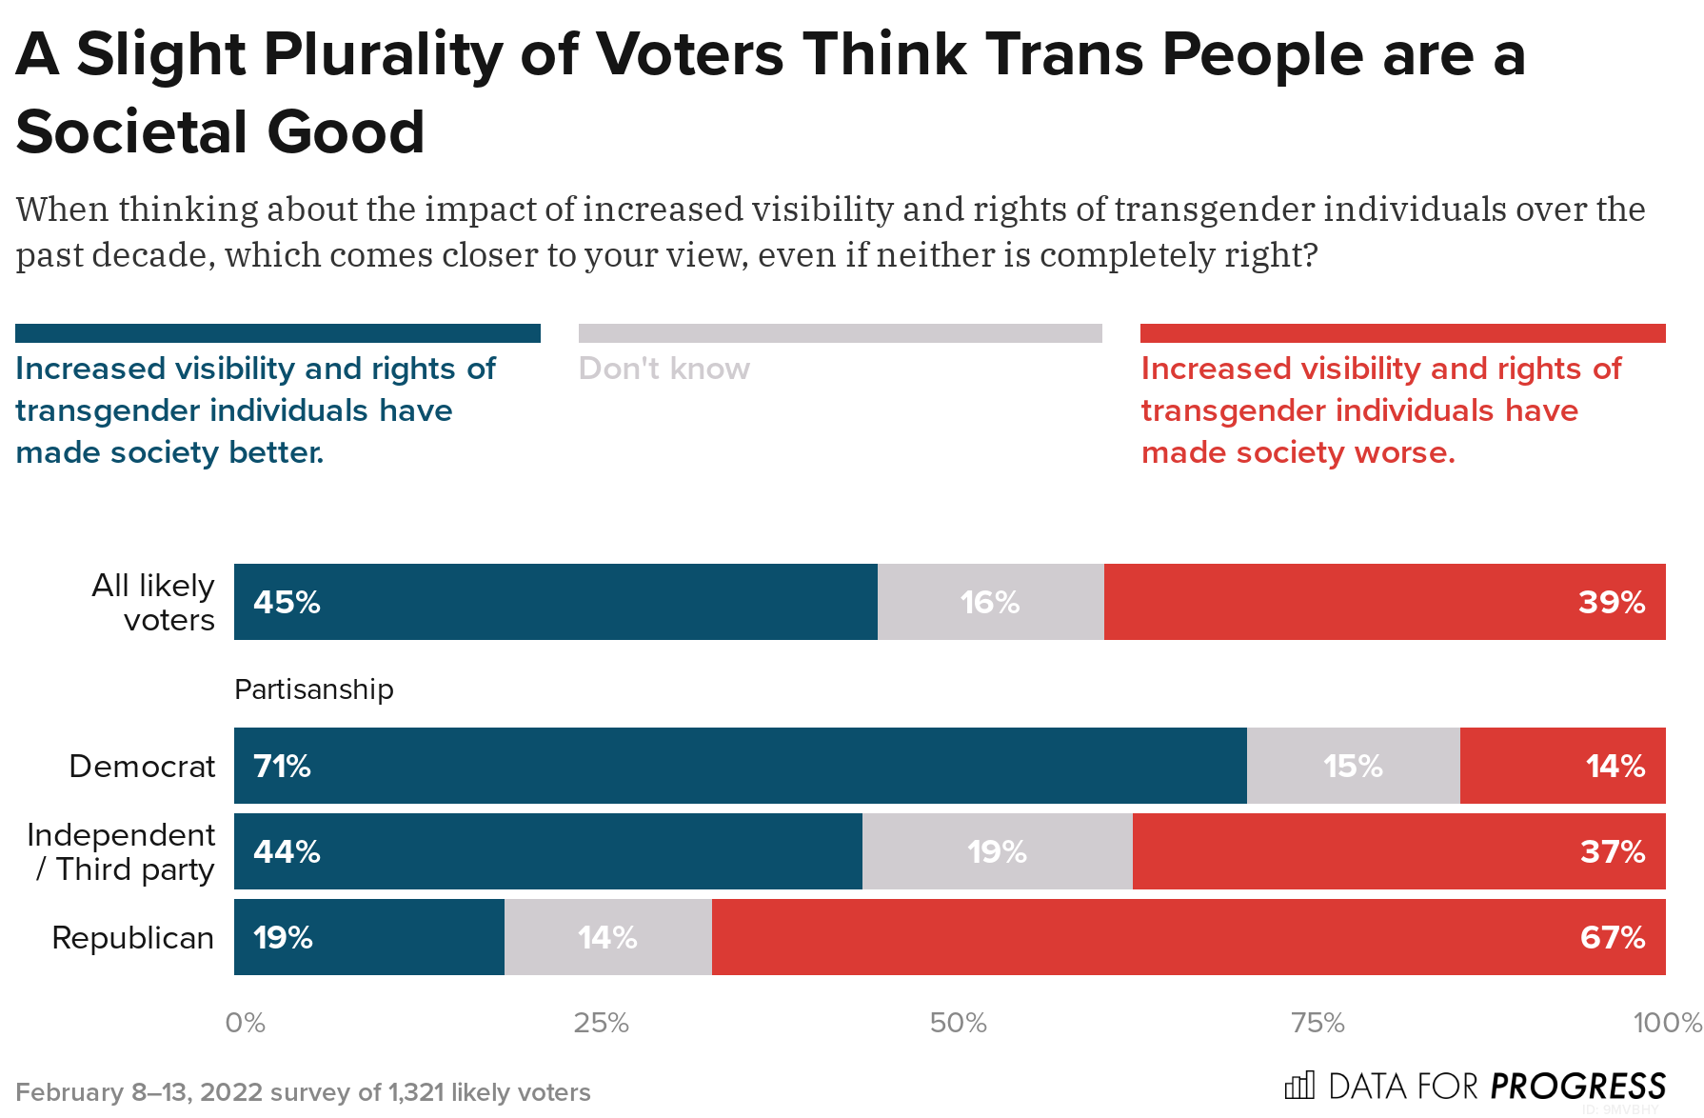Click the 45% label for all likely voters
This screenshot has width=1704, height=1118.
tap(287, 602)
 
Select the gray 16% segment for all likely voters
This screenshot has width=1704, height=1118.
tap(990, 602)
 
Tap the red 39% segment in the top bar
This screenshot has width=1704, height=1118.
tap(1384, 602)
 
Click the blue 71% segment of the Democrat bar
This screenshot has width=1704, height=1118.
tap(740, 766)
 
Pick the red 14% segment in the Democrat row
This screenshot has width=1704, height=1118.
tap(1562, 766)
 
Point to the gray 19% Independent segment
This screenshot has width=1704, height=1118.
tap(997, 851)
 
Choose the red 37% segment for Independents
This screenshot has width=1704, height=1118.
tap(1398, 851)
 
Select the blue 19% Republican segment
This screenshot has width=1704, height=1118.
tap(368, 937)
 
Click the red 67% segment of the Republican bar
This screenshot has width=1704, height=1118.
tap(1188, 937)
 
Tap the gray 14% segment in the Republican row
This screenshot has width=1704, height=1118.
tap(607, 937)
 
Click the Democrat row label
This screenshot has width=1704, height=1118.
tap(142, 766)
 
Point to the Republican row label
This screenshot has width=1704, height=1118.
tap(132, 937)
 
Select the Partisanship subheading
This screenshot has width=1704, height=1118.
tap(313, 689)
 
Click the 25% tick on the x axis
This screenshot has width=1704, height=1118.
tap(601, 1023)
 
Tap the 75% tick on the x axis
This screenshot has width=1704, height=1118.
tap(1317, 1023)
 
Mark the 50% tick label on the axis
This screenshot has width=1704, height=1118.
tap(958, 1023)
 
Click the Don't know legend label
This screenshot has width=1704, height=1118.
tap(664, 369)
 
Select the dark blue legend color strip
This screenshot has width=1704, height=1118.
tap(277, 333)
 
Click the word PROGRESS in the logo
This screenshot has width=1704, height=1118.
tap(1577, 1086)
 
